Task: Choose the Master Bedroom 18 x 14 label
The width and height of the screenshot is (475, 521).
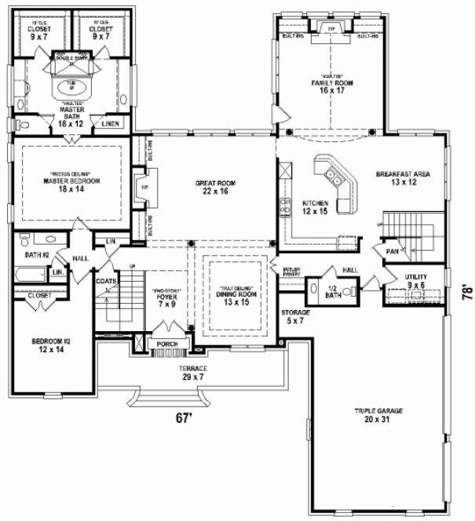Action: coord(68,181)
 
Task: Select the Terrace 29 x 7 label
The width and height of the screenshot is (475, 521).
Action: coord(192,373)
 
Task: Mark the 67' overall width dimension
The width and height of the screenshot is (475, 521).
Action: coord(183,418)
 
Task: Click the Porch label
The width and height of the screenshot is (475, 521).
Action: coord(166,344)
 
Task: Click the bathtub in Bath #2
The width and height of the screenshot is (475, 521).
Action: coord(31,275)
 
